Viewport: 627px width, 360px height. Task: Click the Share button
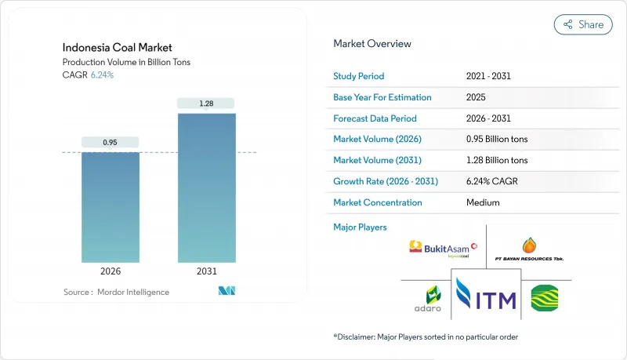[x=583, y=24]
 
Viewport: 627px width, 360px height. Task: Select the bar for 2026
[x=111, y=207]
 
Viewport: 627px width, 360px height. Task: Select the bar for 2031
[x=205, y=188]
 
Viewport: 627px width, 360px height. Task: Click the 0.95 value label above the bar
[x=111, y=143]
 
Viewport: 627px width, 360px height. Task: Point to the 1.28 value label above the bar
[x=205, y=104]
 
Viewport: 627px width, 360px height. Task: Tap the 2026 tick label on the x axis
[x=111, y=272]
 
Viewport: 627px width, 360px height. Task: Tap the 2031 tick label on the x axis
[x=205, y=272]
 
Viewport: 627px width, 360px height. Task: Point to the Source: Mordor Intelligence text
[x=116, y=292]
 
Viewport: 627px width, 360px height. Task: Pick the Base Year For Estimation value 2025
[x=477, y=98]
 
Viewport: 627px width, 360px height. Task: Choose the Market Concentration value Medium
[x=484, y=202]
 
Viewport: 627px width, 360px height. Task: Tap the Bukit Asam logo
[x=443, y=249]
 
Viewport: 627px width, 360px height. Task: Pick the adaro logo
[x=427, y=299]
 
